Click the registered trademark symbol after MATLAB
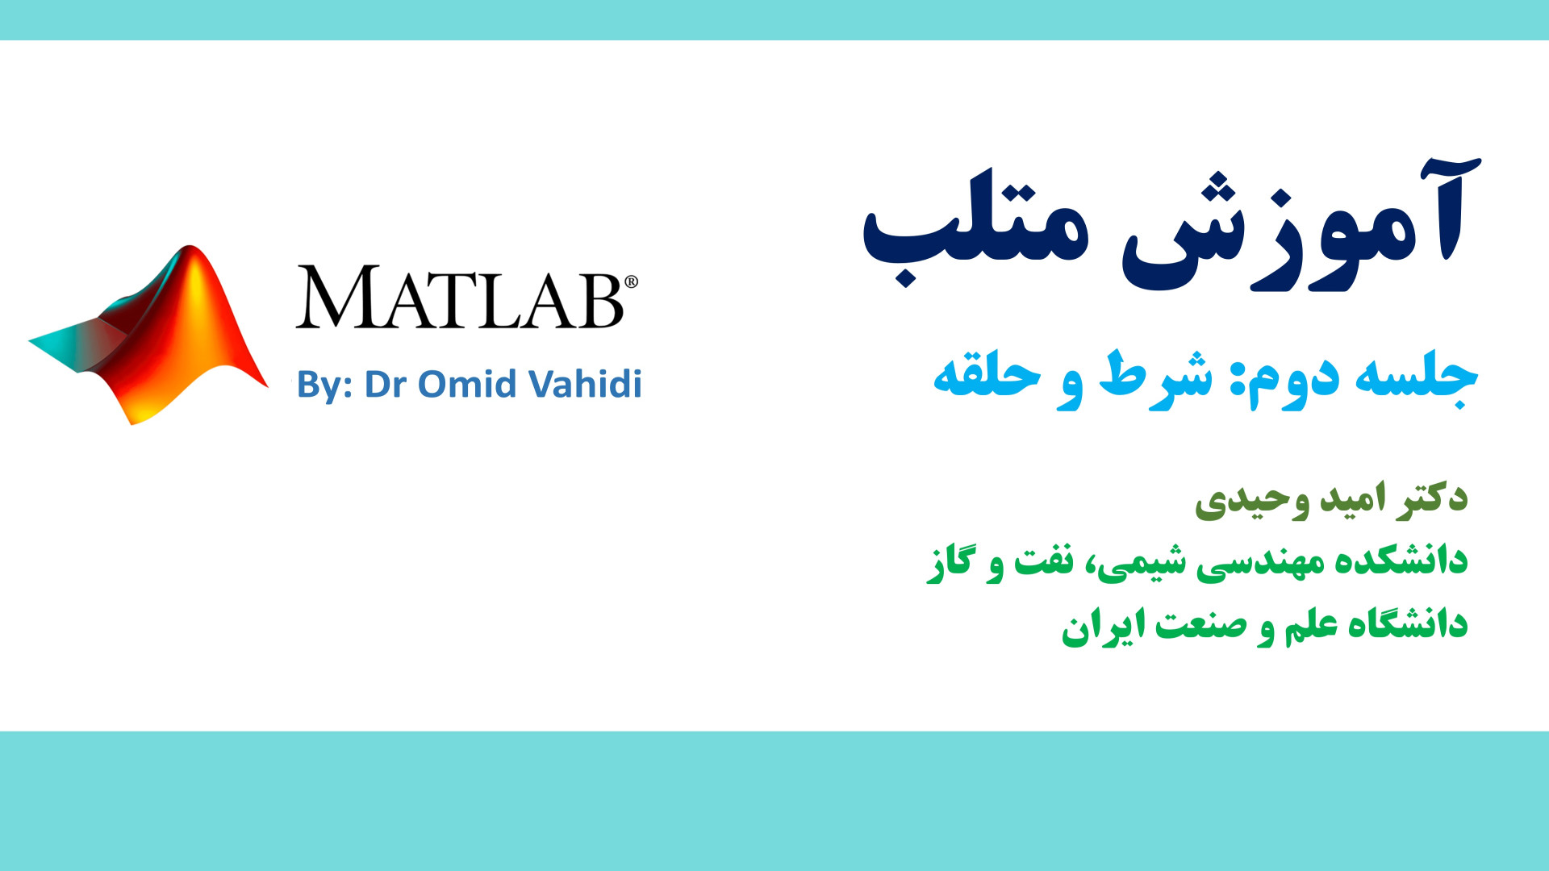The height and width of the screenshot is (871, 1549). [x=631, y=281]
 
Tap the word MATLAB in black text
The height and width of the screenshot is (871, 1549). [x=460, y=297]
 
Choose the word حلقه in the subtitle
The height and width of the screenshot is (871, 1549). [x=986, y=374]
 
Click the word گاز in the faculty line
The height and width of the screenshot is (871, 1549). [x=949, y=561]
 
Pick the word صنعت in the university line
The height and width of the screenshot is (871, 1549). [x=1200, y=626]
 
